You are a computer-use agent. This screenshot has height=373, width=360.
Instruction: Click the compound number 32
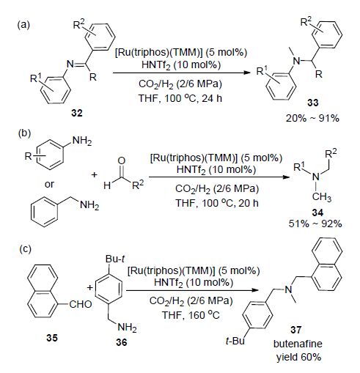click(77, 113)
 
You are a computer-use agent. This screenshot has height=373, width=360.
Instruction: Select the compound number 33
click(313, 103)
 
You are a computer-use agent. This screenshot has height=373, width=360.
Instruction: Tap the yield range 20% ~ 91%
click(312, 119)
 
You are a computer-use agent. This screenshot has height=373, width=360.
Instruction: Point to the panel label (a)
click(23, 25)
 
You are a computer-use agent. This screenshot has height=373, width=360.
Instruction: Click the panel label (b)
click(24, 133)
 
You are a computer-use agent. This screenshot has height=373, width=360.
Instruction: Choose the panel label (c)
click(25, 249)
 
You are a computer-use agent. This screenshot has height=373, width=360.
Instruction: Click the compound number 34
click(317, 213)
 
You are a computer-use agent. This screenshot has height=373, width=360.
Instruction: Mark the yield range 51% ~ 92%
click(315, 224)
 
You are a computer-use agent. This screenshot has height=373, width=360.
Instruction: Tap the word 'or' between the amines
click(49, 185)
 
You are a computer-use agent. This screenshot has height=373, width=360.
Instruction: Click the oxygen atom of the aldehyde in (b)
click(121, 160)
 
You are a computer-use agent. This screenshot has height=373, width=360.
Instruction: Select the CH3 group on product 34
click(322, 197)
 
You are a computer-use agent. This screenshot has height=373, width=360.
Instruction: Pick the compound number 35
click(52, 338)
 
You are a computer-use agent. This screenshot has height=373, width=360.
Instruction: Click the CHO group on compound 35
click(81, 304)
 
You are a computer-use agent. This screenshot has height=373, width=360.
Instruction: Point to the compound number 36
click(122, 342)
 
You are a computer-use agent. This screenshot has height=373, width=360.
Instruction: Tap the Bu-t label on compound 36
click(115, 259)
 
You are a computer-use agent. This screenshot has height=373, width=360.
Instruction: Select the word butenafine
click(298, 344)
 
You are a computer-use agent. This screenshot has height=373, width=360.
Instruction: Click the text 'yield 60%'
click(298, 357)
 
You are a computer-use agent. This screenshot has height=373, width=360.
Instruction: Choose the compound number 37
click(295, 330)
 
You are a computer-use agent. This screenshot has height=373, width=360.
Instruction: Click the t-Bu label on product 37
click(235, 341)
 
